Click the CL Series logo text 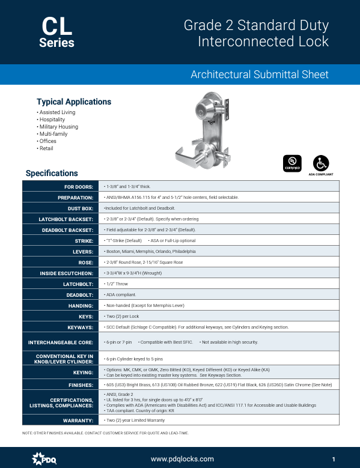(56, 32)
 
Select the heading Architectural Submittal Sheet (260, 74)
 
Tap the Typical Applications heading (74, 102)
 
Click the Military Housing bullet (58, 127)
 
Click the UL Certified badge (291, 163)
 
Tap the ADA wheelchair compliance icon (320, 163)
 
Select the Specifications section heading (52, 173)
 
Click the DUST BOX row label (79, 208)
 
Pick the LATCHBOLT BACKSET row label (67, 219)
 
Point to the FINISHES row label (79, 385)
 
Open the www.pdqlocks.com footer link (182, 459)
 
